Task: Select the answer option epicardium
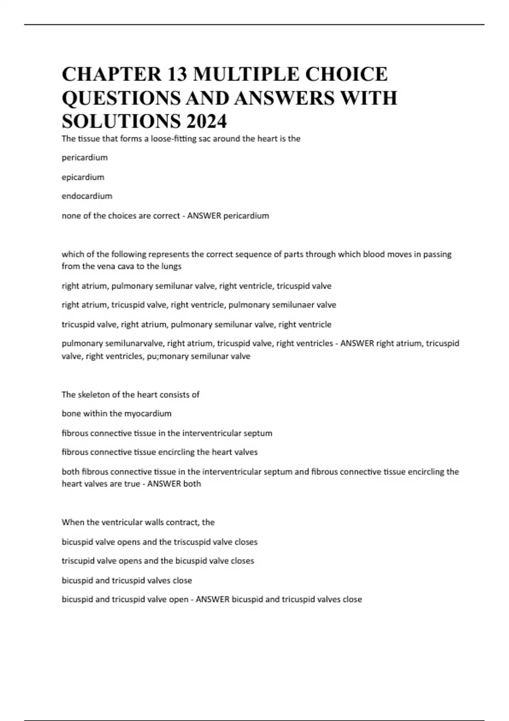83,177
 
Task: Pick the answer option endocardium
87,196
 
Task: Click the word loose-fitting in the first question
173,139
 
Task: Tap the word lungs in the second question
171,266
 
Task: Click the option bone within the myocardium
117,414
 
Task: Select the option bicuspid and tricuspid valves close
127,580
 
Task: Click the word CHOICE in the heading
346,74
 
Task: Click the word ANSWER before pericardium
204,216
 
